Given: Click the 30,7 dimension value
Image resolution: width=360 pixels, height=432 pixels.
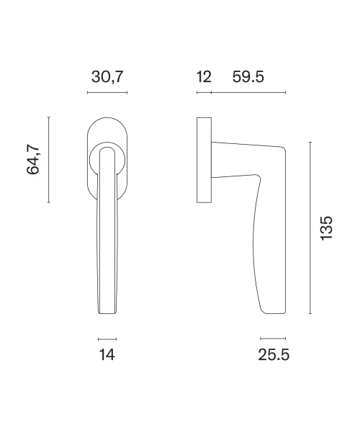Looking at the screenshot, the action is pyautogui.click(x=107, y=77).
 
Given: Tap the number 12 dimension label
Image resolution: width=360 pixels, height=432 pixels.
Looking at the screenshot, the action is pyautogui.click(x=204, y=76).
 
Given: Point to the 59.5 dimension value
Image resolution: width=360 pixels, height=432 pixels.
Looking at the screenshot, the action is pyautogui.click(x=248, y=76).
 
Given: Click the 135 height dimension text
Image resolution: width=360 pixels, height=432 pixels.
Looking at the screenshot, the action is pyautogui.click(x=327, y=228).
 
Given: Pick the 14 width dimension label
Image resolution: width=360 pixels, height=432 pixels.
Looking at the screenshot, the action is pyautogui.click(x=107, y=354).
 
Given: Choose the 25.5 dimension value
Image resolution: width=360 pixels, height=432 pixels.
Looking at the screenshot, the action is pyautogui.click(x=274, y=354).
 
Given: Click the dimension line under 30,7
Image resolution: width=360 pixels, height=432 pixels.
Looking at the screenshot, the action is pyautogui.click(x=107, y=93).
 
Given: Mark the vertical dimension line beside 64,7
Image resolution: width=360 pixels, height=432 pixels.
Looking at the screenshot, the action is pyautogui.click(x=49, y=160).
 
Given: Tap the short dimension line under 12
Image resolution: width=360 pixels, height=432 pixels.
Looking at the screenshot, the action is pyautogui.click(x=204, y=93).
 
